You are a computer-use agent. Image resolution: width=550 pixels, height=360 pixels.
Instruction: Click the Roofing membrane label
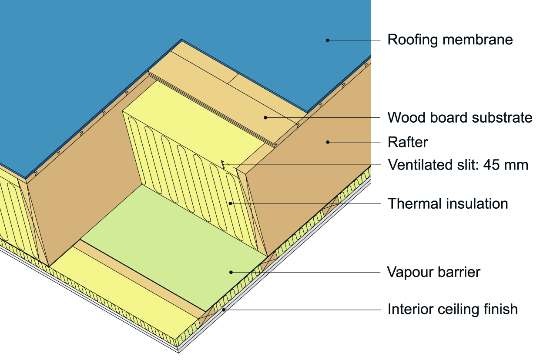[x=450, y=40]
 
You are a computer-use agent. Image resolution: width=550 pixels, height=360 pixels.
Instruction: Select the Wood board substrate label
[x=460, y=117]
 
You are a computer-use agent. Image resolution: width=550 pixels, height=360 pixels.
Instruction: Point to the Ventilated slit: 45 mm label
[x=458, y=165]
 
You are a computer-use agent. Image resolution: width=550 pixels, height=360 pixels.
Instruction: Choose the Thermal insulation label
[x=448, y=203]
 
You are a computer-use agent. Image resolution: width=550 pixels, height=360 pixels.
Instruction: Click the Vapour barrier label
[x=433, y=272]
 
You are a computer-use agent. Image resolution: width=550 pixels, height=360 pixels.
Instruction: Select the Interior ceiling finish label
[x=453, y=309]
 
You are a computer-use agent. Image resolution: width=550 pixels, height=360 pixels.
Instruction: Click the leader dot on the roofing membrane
[x=328, y=40]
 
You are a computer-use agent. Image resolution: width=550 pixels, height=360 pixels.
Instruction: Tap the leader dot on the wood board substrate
[x=265, y=117]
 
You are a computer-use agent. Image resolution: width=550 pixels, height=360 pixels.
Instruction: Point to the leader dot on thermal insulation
[x=231, y=203]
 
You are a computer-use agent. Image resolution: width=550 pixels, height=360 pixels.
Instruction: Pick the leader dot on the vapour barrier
[x=231, y=272]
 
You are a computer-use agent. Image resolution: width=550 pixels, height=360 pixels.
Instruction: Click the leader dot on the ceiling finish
[x=224, y=310]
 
